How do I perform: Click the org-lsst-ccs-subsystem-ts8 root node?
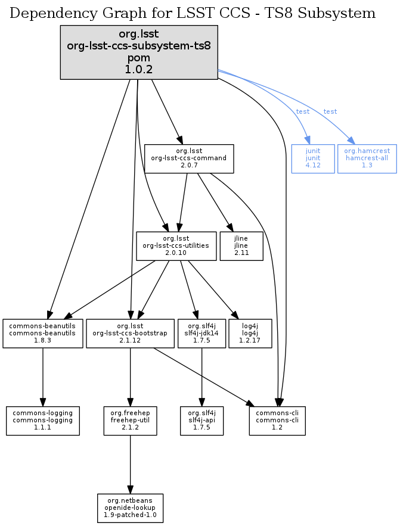coord(139,52)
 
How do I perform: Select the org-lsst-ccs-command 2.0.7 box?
coord(188,158)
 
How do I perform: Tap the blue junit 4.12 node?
coord(312,158)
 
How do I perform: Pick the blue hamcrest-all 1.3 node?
coord(367,158)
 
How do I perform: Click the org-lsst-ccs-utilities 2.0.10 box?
coord(176,245)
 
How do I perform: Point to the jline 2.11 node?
coord(241,245)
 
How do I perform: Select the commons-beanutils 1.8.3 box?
coord(43,334)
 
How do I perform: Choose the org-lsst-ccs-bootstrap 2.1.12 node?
coord(129,334)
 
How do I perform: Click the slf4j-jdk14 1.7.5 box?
coord(202,334)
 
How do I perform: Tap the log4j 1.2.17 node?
coord(250,334)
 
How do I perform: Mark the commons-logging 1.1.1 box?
coord(43,421)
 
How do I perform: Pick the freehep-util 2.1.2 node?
coord(130,421)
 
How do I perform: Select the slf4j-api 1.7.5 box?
coord(202,421)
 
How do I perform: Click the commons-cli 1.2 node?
coord(277,421)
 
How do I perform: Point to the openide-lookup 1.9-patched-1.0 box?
coord(131,508)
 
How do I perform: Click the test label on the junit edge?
coord(303,111)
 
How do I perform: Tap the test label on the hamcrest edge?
coord(330,111)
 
